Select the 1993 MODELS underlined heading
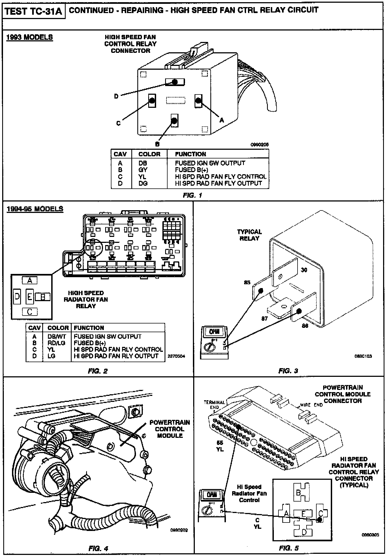tap(29, 37)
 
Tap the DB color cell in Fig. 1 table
tap(143, 163)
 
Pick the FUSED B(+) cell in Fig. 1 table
tap(192, 170)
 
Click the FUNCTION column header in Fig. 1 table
tap(190, 154)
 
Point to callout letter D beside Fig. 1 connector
tap(116, 96)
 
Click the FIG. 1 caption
tap(193, 195)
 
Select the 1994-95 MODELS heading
tap(35, 209)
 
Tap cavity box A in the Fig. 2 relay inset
tap(30, 280)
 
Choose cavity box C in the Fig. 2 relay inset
tap(30, 311)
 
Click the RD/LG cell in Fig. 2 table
tap(56, 343)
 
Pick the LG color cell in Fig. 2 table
tap(51, 356)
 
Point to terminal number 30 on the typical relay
tap(304, 270)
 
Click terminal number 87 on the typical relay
tap(265, 318)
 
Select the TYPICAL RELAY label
tap(249, 235)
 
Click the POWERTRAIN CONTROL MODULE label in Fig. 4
tap(170, 429)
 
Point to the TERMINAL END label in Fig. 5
tap(214, 405)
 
